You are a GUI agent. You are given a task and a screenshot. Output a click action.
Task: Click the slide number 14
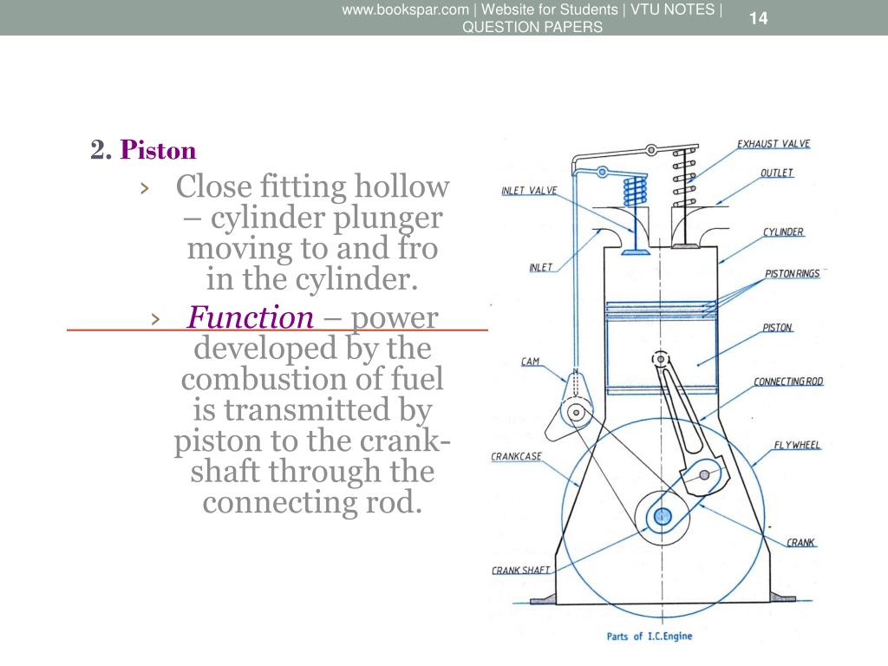click(x=759, y=18)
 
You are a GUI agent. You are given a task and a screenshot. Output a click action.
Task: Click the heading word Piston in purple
click(x=159, y=151)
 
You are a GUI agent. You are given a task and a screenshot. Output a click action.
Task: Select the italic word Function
click(x=251, y=317)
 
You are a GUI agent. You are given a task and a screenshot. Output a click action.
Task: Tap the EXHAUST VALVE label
click(x=774, y=144)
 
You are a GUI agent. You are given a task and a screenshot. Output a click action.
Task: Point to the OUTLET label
click(x=777, y=173)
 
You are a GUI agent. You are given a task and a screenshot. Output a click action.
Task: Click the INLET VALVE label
click(x=529, y=191)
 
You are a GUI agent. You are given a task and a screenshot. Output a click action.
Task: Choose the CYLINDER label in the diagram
click(x=783, y=232)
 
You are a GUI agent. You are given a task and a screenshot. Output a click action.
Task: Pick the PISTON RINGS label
click(x=792, y=274)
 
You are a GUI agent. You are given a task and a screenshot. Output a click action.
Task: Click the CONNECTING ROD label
click(x=788, y=382)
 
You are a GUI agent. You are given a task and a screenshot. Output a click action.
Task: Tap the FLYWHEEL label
click(x=797, y=446)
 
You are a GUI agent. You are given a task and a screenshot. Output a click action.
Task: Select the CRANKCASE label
click(x=517, y=456)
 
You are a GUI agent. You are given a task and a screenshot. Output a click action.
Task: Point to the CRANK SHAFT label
click(x=520, y=571)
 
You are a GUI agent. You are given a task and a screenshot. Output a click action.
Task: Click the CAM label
click(x=531, y=362)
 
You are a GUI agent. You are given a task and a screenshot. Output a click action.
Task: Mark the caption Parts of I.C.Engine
click(x=650, y=637)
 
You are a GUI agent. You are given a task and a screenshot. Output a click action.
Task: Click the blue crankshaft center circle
click(x=663, y=517)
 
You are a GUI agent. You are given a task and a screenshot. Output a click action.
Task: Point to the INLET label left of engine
click(x=540, y=267)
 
